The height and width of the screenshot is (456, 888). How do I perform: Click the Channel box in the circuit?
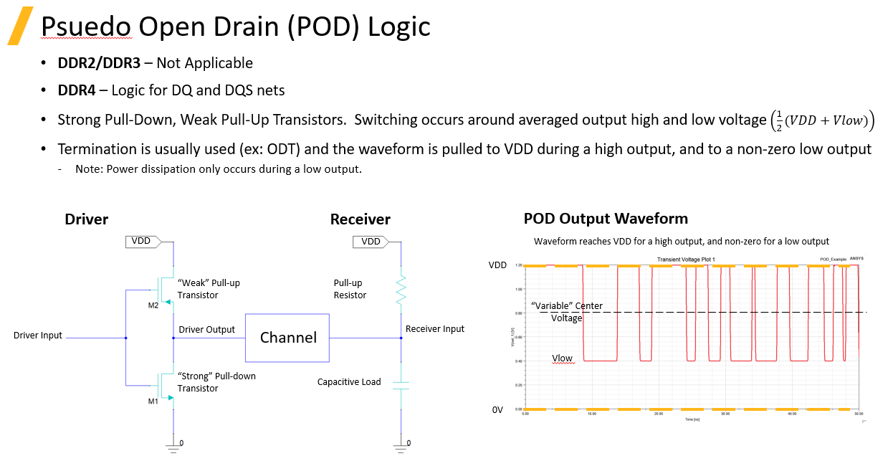pyautogui.click(x=287, y=338)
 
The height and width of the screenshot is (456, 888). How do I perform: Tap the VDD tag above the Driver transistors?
pyautogui.click(x=142, y=241)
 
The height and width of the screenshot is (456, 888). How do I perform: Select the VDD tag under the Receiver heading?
pyautogui.click(x=371, y=242)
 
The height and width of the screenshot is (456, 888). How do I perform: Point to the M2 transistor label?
pyautogui.click(x=153, y=305)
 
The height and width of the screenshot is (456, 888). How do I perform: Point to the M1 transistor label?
pyautogui.click(x=153, y=402)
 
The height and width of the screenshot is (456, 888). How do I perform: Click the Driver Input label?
pyautogui.click(x=38, y=336)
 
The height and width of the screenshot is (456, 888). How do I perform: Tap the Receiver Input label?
pyautogui.click(x=435, y=329)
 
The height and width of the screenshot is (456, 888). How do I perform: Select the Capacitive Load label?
pyautogui.click(x=349, y=382)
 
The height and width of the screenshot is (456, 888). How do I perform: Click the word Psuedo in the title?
pyautogui.click(x=86, y=27)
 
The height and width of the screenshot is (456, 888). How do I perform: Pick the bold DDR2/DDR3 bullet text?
pyautogui.click(x=99, y=63)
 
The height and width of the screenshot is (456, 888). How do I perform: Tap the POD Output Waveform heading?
pyautogui.click(x=606, y=219)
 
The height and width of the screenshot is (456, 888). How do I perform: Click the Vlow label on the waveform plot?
pyautogui.click(x=563, y=358)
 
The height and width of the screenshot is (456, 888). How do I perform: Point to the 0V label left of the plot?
pyautogui.click(x=499, y=410)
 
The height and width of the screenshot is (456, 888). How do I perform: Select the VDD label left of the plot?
pyautogui.click(x=497, y=265)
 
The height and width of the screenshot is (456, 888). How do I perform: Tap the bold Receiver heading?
pyautogui.click(x=360, y=219)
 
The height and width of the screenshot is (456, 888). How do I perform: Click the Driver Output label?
pyautogui.click(x=206, y=330)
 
